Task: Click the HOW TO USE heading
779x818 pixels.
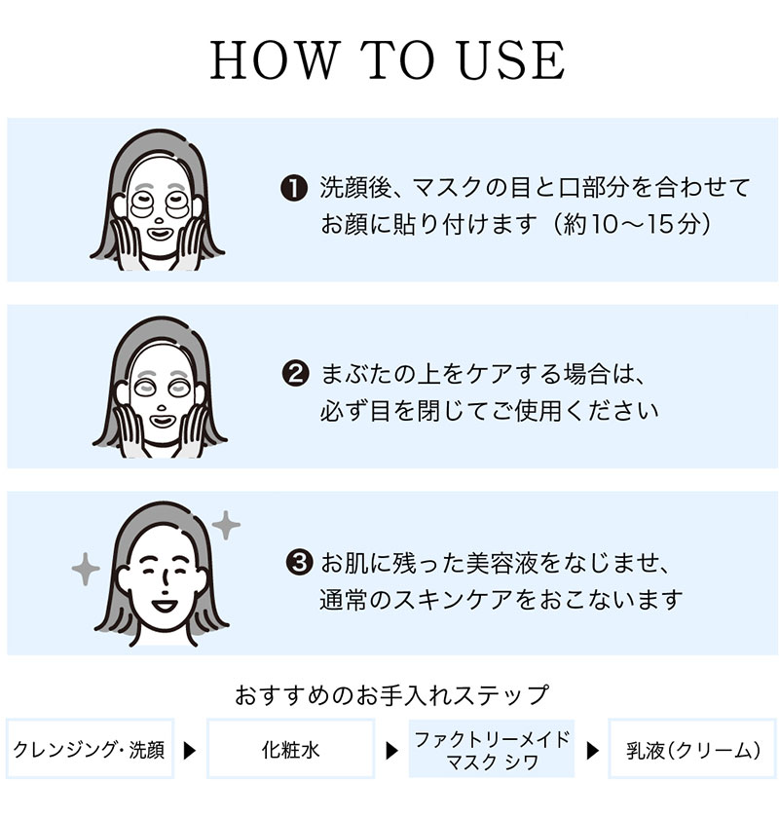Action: (x=388, y=60)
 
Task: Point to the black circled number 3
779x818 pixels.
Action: (x=300, y=562)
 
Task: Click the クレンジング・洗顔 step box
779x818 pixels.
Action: (x=90, y=750)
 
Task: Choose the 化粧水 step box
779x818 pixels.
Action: (x=290, y=750)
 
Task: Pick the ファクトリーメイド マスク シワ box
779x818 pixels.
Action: (x=491, y=750)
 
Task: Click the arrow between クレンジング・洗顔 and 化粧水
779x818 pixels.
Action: (x=190, y=751)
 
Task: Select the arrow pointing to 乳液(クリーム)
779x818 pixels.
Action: (x=591, y=751)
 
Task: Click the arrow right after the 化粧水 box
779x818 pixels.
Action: (x=391, y=751)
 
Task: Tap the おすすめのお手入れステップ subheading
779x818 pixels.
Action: (x=391, y=695)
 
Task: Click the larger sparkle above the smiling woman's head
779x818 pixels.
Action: (x=226, y=526)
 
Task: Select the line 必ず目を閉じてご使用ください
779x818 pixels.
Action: (x=489, y=410)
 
